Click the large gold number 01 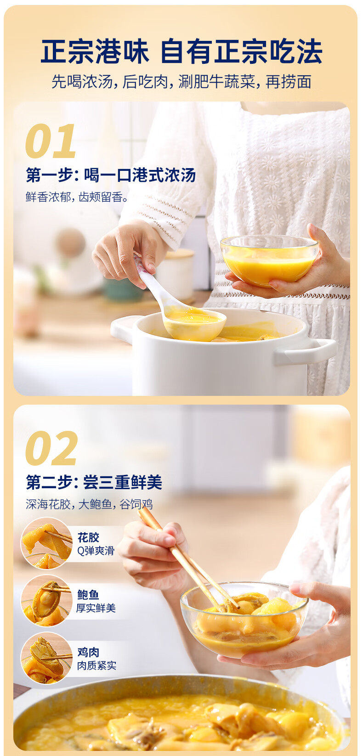pyautogui.click(x=51, y=141)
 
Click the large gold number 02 pyautogui.click(x=51, y=449)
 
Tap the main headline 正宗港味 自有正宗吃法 pyautogui.click(x=181, y=51)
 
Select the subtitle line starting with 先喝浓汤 pyautogui.click(x=181, y=82)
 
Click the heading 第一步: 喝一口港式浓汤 pyautogui.click(x=111, y=175)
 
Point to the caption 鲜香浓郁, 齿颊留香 pyautogui.click(x=77, y=197)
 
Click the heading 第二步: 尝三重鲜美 pyautogui.click(x=94, y=482)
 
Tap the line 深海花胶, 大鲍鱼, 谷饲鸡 pyautogui.click(x=89, y=504)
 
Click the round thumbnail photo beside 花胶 pyautogui.click(x=46, y=543)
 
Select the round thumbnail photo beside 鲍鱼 pyautogui.click(x=46, y=601)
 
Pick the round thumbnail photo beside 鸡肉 pyautogui.click(x=46, y=658)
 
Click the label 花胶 pyautogui.click(x=88, y=537)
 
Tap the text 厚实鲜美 pyautogui.click(x=96, y=608)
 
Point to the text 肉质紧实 pyautogui.click(x=96, y=666)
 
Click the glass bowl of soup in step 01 pyautogui.click(x=269, y=260)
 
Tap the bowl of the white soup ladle pyautogui.click(x=195, y=323)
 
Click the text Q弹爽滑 pyautogui.click(x=96, y=551)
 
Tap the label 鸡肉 pyautogui.click(x=88, y=652)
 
